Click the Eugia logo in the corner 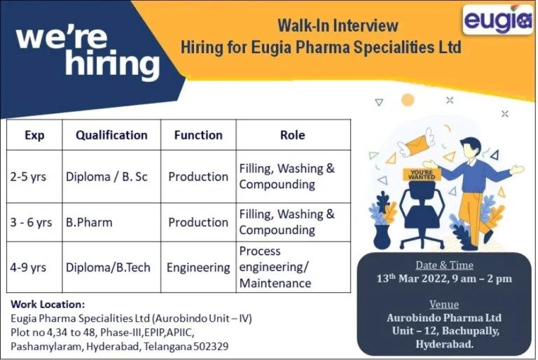pyautogui.click(x=497, y=20)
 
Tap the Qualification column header pyautogui.click(x=111, y=135)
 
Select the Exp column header pyautogui.click(x=34, y=135)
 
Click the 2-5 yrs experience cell pyautogui.click(x=28, y=176)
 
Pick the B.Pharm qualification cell pyautogui.click(x=89, y=223)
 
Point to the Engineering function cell pyautogui.click(x=198, y=268)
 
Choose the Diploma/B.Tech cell pyautogui.click(x=108, y=268)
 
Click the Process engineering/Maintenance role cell pyautogui.click(x=275, y=267)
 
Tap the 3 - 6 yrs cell pyautogui.click(x=31, y=223)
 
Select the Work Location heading pyautogui.click(x=48, y=305)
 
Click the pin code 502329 pyautogui.click(x=211, y=346)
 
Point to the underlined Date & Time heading pyautogui.click(x=444, y=265)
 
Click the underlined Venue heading pyautogui.click(x=444, y=304)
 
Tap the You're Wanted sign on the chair pyautogui.click(x=422, y=174)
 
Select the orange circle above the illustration pyautogui.click(x=408, y=100)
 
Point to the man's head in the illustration pyautogui.click(x=471, y=148)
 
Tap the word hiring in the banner pyautogui.click(x=112, y=63)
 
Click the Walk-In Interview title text pyautogui.click(x=338, y=25)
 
